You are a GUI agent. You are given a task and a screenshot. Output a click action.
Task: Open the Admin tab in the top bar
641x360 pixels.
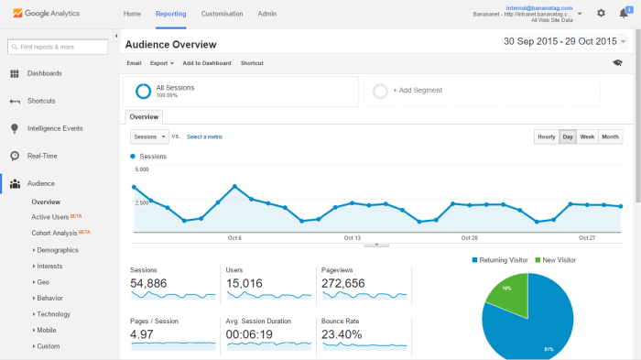click(267, 14)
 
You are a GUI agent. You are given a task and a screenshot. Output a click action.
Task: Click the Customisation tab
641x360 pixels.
click(222, 14)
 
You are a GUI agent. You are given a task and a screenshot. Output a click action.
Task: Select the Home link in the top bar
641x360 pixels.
click(132, 14)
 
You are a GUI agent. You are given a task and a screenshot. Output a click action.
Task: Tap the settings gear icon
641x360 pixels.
click(601, 13)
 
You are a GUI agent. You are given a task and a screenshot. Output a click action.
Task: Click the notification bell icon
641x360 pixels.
click(624, 13)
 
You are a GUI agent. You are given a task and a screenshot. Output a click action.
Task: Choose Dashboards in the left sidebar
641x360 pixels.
click(45, 73)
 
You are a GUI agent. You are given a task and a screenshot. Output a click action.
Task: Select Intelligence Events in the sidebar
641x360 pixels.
click(55, 128)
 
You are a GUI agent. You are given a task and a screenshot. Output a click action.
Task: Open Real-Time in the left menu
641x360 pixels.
click(42, 156)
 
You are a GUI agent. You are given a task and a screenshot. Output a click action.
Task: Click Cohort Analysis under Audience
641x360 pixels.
click(55, 233)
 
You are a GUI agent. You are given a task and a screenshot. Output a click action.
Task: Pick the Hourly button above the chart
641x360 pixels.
click(547, 136)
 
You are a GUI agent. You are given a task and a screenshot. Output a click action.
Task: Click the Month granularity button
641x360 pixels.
click(610, 136)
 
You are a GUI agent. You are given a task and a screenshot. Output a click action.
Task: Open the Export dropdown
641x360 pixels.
click(161, 63)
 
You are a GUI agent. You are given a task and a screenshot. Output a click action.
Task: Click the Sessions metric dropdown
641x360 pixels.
click(149, 136)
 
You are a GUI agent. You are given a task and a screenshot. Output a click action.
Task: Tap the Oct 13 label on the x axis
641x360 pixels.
click(352, 237)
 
